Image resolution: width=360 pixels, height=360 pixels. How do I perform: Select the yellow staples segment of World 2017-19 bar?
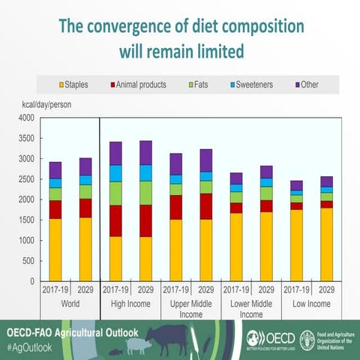(55, 250)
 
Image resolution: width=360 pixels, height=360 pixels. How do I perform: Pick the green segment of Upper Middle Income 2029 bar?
(205, 187)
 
